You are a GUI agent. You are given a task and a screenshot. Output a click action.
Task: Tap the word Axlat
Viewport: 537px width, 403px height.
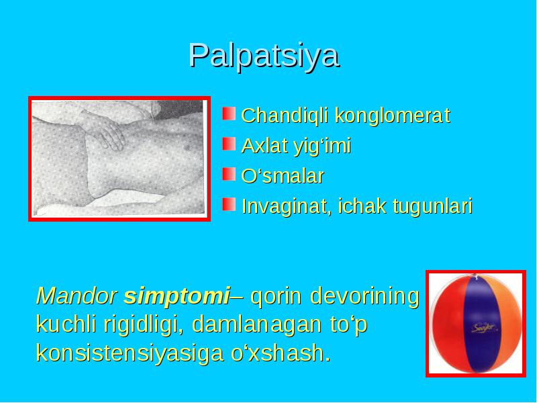pyautogui.click(x=264, y=145)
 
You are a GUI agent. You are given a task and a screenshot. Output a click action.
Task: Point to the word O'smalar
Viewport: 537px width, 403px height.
pyautogui.click(x=283, y=176)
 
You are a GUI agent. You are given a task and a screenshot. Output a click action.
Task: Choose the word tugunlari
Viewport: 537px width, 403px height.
pyautogui.click(x=432, y=206)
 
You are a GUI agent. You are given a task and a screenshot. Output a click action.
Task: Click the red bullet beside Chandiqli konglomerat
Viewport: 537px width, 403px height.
pyautogui.click(x=229, y=114)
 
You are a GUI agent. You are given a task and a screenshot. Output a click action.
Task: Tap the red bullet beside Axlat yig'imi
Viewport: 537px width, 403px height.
pyautogui.click(x=229, y=144)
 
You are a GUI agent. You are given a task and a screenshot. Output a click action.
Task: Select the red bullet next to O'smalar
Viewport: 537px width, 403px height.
pyautogui.click(x=229, y=174)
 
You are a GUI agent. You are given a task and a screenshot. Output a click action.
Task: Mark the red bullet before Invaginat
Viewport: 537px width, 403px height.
pyautogui.click(x=229, y=204)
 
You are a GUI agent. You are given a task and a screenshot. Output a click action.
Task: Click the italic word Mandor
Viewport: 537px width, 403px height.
pyautogui.click(x=77, y=296)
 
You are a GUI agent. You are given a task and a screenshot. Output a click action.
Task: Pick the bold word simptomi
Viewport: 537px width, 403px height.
pyautogui.click(x=177, y=296)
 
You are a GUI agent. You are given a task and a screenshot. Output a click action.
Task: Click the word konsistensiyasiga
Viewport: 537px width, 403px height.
pyautogui.click(x=130, y=353)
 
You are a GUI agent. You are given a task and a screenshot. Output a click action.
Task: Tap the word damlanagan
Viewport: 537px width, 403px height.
pyautogui.click(x=258, y=324)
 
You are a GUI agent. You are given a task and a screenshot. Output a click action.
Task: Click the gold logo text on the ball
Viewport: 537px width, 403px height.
pyautogui.click(x=483, y=328)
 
